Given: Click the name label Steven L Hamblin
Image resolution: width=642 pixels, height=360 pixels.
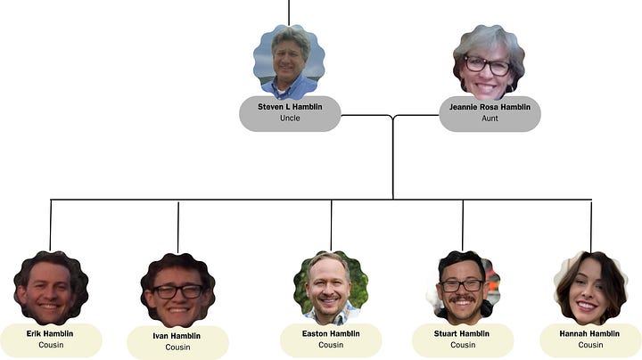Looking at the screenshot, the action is tap(290, 107).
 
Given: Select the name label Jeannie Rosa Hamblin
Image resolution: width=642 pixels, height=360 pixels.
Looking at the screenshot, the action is tap(490, 107).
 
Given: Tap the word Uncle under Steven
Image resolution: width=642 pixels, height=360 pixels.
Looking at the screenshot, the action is tap(290, 119).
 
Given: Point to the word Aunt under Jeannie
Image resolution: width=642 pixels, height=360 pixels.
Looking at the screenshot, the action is tap(490, 119).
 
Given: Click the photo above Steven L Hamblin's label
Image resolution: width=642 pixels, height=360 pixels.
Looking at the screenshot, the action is tap(289, 61).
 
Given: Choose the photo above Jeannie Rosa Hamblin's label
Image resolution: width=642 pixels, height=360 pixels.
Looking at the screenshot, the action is tap(489, 61).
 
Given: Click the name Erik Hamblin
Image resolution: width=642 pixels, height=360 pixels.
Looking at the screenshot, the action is tap(50, 334).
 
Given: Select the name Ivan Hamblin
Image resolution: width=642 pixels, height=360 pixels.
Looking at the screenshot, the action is tap(177, 336).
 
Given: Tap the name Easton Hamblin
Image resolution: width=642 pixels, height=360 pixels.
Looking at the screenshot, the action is tap(331, 334).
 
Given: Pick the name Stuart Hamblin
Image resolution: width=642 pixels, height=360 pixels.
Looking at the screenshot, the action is tap(463, 334).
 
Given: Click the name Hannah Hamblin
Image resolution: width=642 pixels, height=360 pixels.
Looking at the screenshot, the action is tap(590, 334).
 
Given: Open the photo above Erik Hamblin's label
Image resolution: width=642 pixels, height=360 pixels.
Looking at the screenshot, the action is tap(50, 288).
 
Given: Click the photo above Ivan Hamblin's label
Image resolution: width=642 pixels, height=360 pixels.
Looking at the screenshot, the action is tap(177, 290).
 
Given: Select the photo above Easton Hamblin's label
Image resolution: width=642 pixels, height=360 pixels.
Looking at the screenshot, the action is tap(331, 287).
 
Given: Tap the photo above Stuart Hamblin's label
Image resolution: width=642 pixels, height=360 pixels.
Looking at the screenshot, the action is tap(463, 287).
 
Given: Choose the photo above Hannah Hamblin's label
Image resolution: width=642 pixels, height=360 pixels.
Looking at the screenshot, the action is tap(590, 287).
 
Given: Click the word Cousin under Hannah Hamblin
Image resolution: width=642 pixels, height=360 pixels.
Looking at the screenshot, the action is tap(590, 345).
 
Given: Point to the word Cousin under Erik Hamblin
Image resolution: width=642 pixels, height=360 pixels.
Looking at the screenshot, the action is tap(50, 345).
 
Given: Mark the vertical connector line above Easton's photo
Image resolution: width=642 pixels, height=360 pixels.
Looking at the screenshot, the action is tap(331, 225).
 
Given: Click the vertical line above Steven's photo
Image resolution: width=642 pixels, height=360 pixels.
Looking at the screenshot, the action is tap(289, 12).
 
